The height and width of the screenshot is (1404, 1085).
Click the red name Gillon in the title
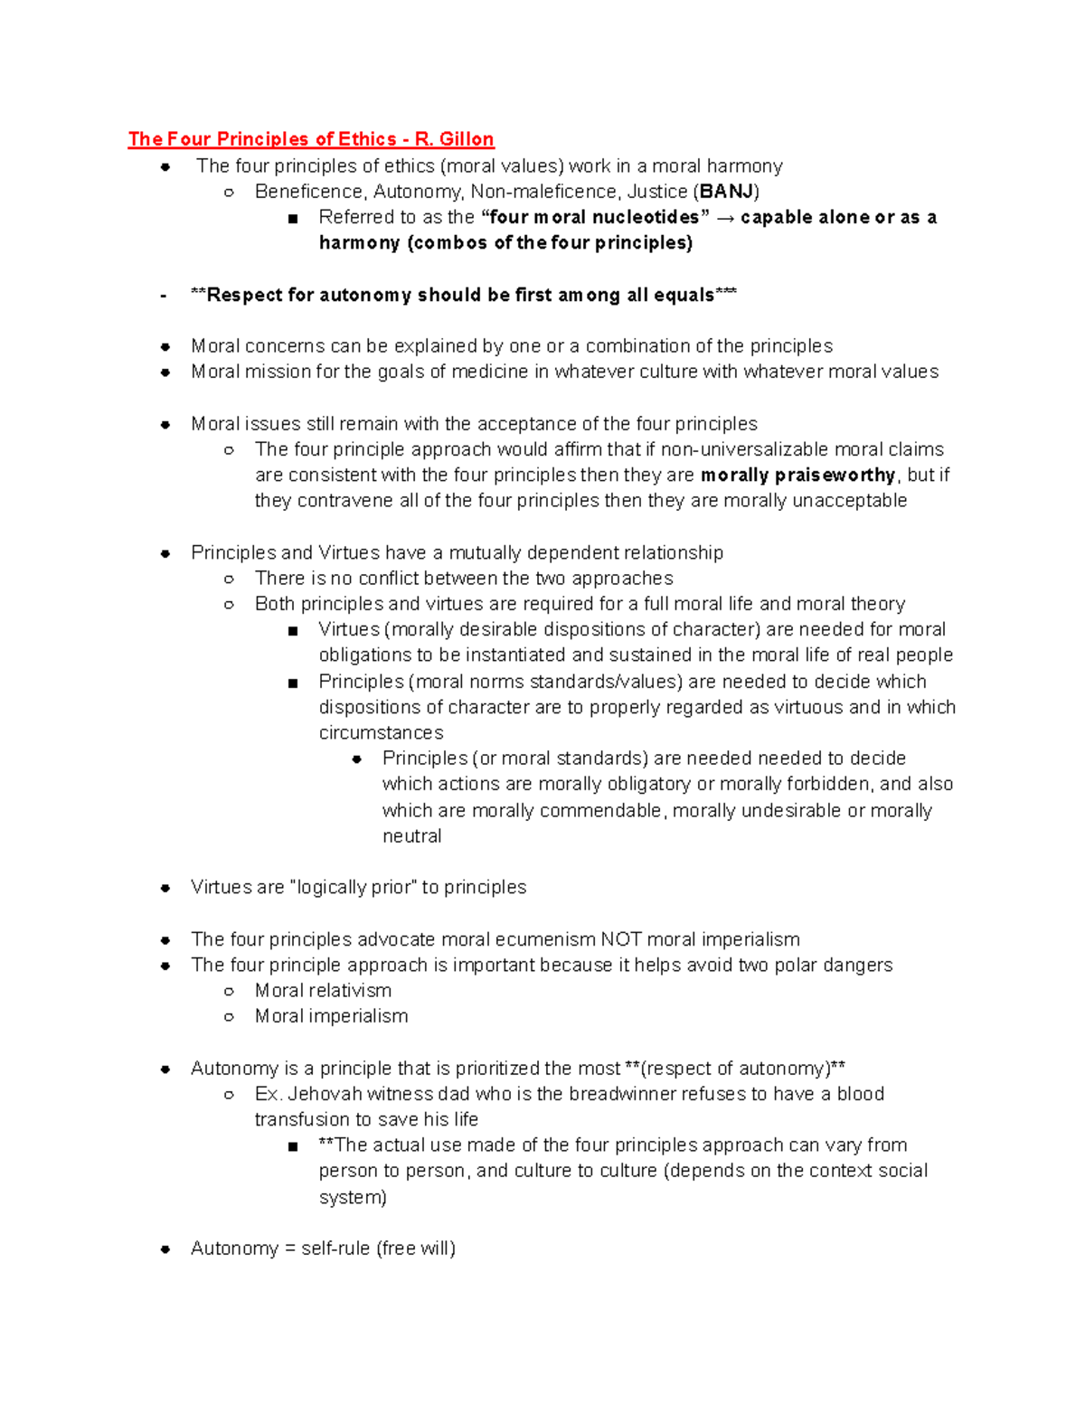click(x=467, y=139)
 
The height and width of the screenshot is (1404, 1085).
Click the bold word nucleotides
click(x=646, y=218)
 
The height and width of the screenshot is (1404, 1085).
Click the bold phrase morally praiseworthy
click(x=797, y=476)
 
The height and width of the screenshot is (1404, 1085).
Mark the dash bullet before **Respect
click(x=163, y=296)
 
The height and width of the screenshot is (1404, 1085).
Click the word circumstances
click(x=381, y=732)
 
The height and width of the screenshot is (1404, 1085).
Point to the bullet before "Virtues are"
click(x=165, y=888)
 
